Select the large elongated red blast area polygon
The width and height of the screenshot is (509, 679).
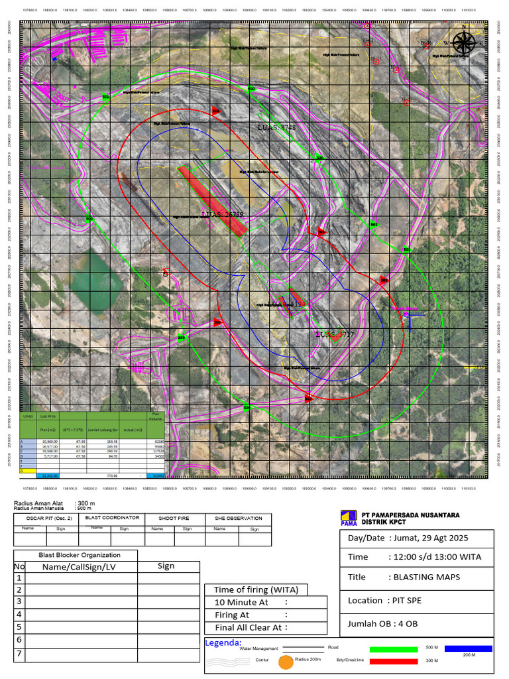(212, 200)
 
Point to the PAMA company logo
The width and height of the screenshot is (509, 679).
(349, 518)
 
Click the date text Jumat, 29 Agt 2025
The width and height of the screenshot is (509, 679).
(431, 538)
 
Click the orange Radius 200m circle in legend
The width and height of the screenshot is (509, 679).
(285, 661)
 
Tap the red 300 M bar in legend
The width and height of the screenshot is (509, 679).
(394, 661)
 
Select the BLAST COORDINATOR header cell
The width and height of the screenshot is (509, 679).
(111, 518)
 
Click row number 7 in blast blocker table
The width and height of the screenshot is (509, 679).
(19, 654)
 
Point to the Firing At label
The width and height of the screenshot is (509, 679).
(232, 615)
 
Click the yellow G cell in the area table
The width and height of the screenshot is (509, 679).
(28, 470)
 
